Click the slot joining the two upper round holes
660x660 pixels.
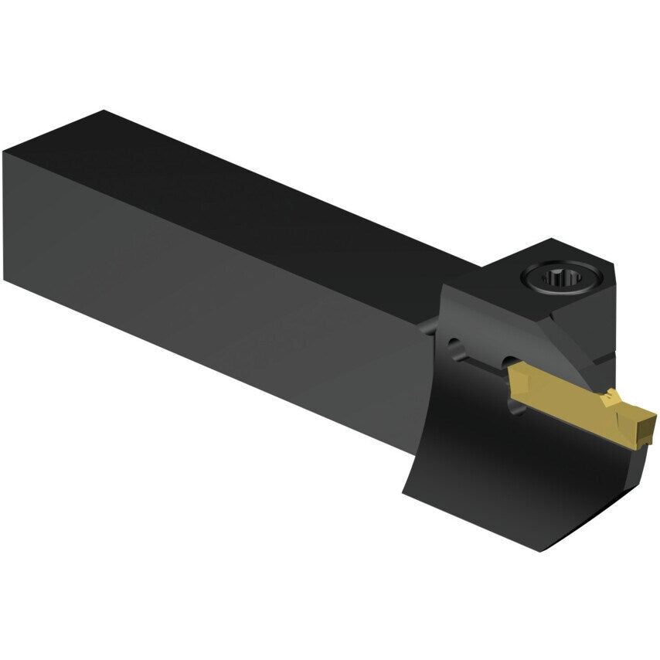pyautogui.click(x=483, y=357)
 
